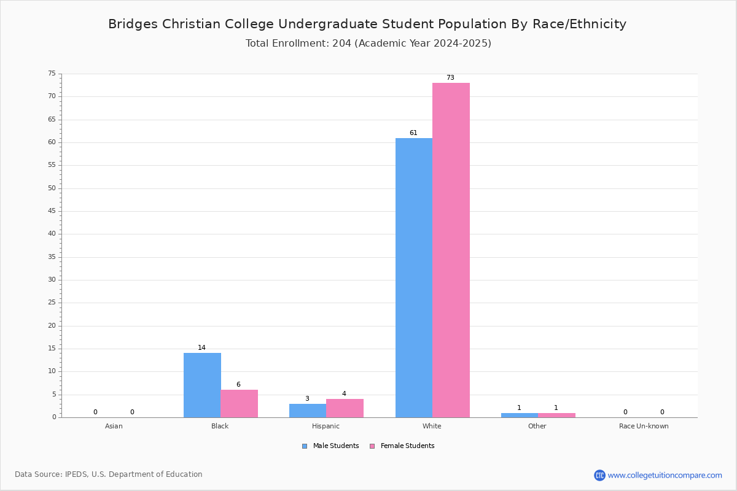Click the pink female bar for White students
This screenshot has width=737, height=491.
tap(451, 250)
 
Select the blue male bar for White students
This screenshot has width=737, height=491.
tap(414, 278)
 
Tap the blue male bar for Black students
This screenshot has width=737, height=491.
tap(202, 385)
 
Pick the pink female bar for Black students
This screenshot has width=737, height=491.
tap(239, 404)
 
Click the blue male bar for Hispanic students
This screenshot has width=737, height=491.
tap(308, 411)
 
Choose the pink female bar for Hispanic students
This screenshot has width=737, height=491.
tap(345, 409)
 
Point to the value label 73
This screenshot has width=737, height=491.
tap(450, 77)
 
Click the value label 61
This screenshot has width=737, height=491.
tap(413, 133)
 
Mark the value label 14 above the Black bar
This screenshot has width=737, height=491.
tap(201, 347)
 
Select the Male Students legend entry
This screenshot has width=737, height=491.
tap(330, 446)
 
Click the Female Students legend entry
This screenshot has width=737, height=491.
tap(402, 446)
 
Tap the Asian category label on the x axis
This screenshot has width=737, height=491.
tap(114, 426)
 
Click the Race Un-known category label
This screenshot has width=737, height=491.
tap(644, 426)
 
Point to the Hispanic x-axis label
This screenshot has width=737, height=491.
tap(326, 426)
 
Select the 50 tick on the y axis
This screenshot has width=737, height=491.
tap(52, 188)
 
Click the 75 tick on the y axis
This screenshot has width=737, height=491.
tap(52, 73)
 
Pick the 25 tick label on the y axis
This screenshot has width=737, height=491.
tap(52, 302)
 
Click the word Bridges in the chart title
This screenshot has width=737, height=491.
tap(133, 25)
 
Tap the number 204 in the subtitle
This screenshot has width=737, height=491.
tap(342, 44)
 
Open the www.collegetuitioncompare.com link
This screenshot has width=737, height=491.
tap(665, 476)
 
